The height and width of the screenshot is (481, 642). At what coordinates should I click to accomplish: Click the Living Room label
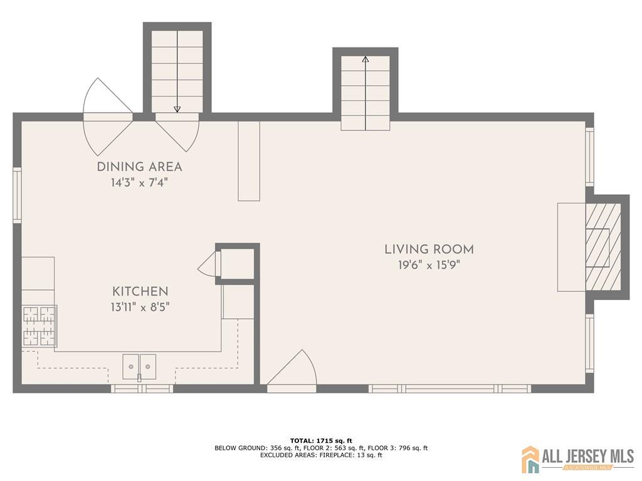click(429, 249)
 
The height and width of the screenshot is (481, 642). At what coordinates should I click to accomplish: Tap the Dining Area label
click(139, 167)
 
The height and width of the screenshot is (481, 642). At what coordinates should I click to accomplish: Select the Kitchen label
click(140, 291)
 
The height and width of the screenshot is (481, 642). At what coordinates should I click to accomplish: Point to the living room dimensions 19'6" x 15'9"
click(429, 265)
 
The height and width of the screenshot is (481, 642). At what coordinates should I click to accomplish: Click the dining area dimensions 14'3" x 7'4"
click(139, 182)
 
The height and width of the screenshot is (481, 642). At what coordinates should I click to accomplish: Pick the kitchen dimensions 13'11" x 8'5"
click(140, 307)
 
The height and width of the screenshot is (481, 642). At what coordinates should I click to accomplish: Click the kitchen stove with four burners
click(39, 326)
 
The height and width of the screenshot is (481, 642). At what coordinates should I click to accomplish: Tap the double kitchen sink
click(139, 367)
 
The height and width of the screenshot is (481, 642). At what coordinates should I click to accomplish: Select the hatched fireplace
click(603, 247)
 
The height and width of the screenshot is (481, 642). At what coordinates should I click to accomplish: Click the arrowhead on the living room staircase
click(366, 59)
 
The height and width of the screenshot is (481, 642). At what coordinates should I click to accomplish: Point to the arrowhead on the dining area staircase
click(177, 109)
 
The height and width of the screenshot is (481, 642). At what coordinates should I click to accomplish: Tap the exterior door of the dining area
click(108, 117)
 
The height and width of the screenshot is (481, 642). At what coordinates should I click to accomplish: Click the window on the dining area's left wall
click(17, 195)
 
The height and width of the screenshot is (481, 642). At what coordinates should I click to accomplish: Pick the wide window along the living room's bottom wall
click(450, 388)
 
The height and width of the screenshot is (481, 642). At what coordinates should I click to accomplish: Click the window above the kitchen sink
click(142, 388)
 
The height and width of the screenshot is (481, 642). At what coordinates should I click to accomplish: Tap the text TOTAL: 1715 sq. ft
click(321, 440)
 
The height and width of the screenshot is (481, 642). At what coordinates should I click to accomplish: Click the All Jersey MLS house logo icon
click(530, 459)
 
